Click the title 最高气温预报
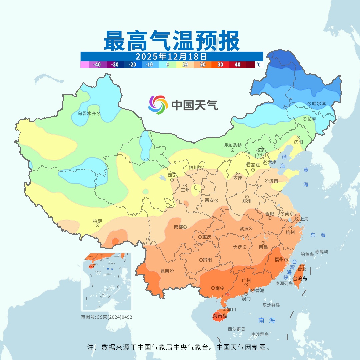(172, 41)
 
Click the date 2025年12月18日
(171, 56)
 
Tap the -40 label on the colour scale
(97, 65)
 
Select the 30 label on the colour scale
(220, 65)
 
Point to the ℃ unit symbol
(258, 64)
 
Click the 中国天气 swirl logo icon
(158, 105)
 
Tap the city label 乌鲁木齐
(87, 113)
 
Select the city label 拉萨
(97, 221)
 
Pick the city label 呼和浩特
(232, 145)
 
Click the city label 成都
(178, 227)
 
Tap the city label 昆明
(165, 271)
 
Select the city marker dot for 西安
(216, 200)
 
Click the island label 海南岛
(220, 316)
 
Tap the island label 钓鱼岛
(307, 254)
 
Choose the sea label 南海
(267, 320)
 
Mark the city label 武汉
(244, 229)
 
